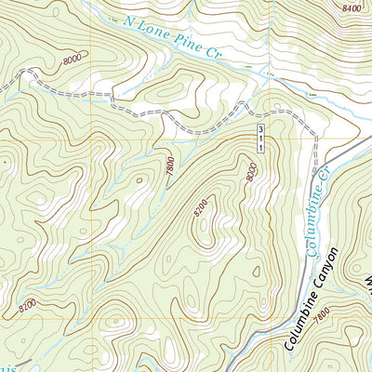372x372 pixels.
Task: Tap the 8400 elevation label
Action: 351,7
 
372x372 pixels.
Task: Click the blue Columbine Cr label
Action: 316,208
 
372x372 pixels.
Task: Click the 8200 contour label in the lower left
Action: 29,304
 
